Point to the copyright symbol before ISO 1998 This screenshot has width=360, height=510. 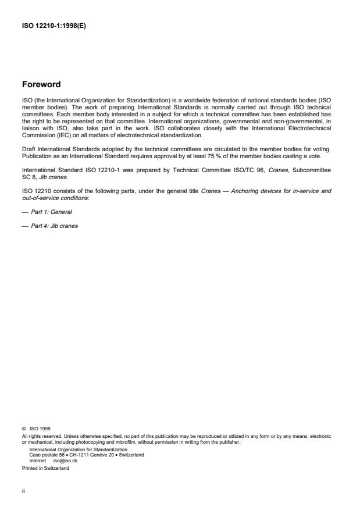click(x=23, y=429)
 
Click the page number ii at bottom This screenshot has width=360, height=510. click(x=23, y=490)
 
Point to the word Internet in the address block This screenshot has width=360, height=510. click(x=38, y=459)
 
